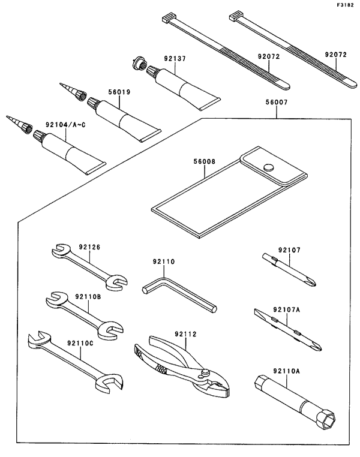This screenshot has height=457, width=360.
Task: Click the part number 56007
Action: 277,103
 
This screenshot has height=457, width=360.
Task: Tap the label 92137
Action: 175,59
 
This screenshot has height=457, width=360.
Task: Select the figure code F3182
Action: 345,5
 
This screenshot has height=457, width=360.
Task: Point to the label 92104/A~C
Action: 65,125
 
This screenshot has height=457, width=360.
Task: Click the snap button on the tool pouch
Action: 269,167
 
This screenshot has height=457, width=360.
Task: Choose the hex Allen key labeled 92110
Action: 179,294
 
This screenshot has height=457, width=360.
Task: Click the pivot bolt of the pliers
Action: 206,372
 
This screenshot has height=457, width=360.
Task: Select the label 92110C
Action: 80,343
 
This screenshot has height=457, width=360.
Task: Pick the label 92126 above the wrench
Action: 89,247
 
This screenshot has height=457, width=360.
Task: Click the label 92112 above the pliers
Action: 185,334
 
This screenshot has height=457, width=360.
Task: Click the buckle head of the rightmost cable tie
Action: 236,16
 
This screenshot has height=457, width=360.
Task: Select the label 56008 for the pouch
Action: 205,161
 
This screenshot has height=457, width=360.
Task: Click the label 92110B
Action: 88,297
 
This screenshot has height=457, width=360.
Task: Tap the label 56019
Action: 119,92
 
